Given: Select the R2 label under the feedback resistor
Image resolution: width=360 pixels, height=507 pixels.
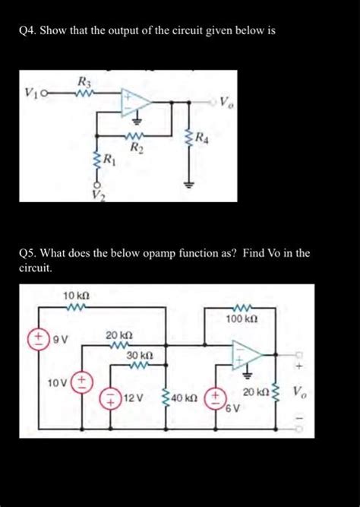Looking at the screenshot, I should (x=134, y=148).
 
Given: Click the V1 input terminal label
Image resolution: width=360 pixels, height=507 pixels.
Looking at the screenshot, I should (x=30, y=93).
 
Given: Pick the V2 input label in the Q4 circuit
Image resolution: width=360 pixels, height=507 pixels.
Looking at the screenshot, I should (x=96, y=195).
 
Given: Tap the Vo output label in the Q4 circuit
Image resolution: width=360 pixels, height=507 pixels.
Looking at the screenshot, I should (x=227, y=103).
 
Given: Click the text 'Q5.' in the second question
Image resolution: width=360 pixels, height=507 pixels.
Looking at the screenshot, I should (x=27, y=253).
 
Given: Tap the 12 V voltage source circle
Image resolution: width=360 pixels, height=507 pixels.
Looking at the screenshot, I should (x=110, y=398).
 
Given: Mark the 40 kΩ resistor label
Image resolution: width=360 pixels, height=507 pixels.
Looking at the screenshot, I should (x=185, y=398).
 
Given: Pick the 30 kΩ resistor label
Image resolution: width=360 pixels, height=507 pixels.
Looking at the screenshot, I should (x=140, y=355).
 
